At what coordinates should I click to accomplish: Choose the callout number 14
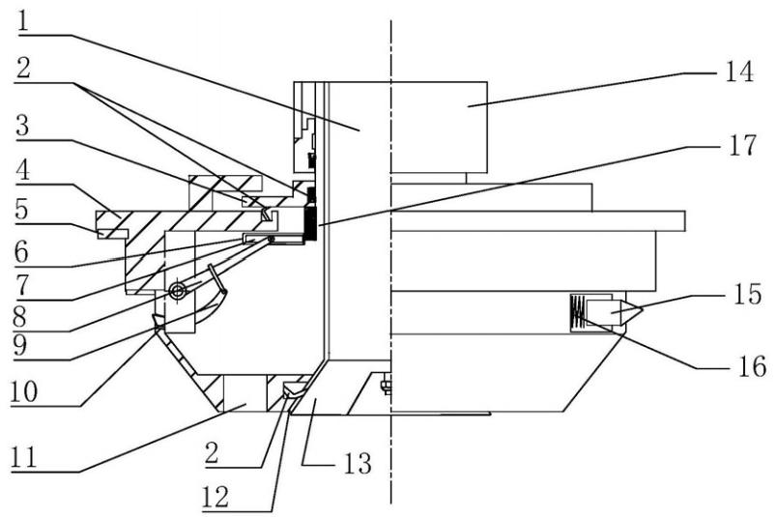(734, 72)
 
